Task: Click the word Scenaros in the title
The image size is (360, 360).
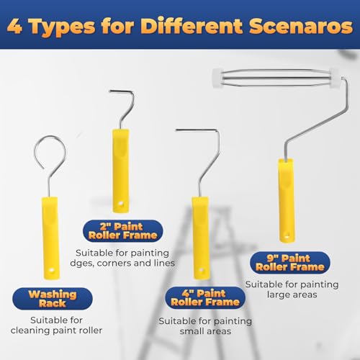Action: tap(301, 26)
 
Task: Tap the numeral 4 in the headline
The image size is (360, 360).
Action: tap(14, 27)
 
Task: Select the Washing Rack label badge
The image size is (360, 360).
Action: tap(53, 299)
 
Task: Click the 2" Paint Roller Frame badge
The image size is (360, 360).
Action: tap(122, 231)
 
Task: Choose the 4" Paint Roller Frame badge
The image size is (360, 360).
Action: tap(205, 297)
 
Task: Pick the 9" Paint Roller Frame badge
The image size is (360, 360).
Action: tap(290, 263)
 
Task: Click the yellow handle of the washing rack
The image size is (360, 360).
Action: tap(50, 238)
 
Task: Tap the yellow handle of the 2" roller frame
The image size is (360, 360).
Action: tap(121, 171)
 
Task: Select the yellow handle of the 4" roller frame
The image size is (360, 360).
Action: tap(200, 238)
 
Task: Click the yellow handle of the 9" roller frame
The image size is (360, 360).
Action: tap(287, 200)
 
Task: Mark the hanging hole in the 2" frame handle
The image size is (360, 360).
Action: tap(121, 204)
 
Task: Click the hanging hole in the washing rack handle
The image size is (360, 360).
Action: tap(51, 271)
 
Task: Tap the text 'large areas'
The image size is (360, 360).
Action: tap(292, 294)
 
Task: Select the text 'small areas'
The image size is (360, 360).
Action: tap(205, 331)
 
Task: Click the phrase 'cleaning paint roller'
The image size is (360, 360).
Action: tap(56, 330)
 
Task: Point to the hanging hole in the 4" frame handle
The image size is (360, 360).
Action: tap(201, 271)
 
